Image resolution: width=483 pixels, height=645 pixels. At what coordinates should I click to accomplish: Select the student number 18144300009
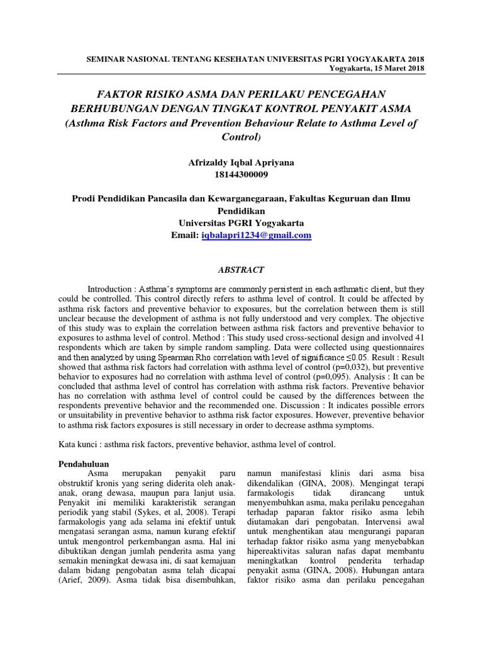(x=241, y=174)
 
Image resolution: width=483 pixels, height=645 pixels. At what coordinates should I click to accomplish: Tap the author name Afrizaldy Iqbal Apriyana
(x=241, y=162)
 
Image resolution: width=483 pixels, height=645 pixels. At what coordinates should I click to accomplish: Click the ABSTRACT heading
(x=241, y=270)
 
